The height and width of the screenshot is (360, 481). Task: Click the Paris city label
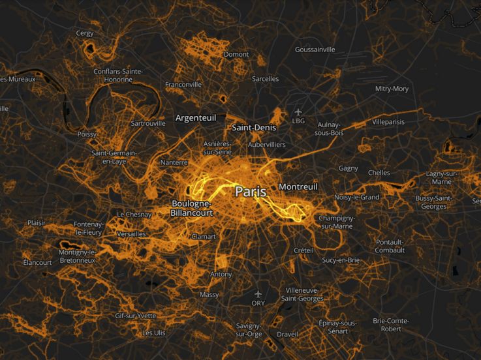[x=251, y=192]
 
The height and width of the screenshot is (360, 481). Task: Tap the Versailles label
[x=131, y=233]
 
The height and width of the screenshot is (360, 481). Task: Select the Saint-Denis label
[x=254, y=128]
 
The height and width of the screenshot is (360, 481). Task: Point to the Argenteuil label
[x=196, y=118]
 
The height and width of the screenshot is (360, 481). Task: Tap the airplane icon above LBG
[x=298, y=112]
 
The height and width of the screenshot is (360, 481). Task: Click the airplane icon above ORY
[x=259, y=293]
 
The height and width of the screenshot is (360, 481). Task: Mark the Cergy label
[x=85, y=33]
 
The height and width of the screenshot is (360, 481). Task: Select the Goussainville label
[x=315, y=50]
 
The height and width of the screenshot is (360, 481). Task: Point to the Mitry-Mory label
[x=392, y=89]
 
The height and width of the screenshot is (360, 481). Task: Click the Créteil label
[x=303, y=250]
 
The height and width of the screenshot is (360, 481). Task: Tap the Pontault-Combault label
[x=390, y=246]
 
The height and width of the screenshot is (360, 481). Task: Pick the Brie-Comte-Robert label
[x=391, y=325]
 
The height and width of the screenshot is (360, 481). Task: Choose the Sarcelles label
[x=265, y=79]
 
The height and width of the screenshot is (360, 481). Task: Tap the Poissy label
[x=87, y=134]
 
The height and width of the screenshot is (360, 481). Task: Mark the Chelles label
[x=379, y=173]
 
